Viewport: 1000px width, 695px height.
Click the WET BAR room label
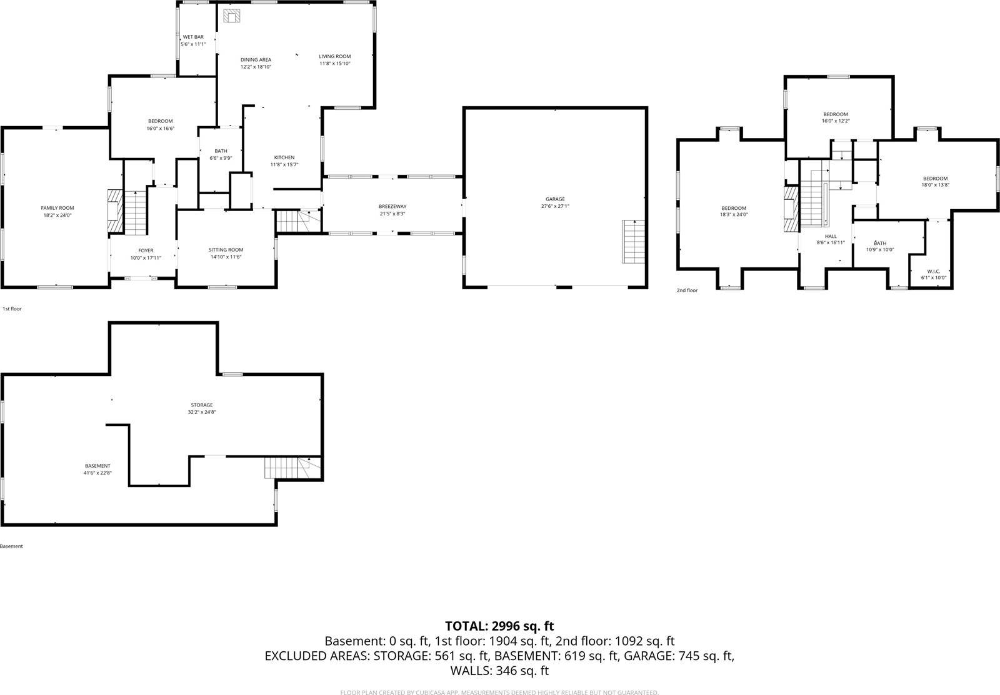193,37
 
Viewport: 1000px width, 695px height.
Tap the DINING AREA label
256,60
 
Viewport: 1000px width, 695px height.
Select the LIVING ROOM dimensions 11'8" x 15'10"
335,64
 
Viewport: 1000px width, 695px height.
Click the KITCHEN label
284,158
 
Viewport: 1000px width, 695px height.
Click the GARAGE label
555,199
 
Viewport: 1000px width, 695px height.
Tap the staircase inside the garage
633,242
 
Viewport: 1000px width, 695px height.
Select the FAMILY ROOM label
57,208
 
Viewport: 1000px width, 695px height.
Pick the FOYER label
146,251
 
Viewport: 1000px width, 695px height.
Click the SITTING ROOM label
226,250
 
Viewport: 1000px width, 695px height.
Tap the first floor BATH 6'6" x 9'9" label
221,151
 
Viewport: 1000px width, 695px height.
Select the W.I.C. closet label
934,272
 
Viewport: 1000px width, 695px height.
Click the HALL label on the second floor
831,237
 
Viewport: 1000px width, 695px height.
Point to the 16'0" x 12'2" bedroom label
836,121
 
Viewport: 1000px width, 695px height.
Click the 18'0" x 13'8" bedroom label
935,185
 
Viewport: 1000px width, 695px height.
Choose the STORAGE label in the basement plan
202,405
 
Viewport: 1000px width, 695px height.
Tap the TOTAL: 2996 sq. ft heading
499,626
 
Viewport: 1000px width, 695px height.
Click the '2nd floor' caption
687,290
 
